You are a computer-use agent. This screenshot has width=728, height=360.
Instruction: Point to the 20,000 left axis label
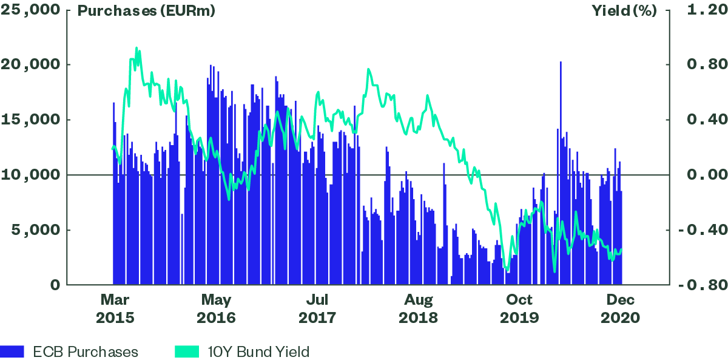[31, 65]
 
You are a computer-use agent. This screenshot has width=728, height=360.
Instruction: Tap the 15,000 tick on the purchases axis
[31, 120]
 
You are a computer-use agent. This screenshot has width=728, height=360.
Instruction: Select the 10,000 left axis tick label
[31, 175]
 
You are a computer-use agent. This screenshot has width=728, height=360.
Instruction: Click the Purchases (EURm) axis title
[146, 12]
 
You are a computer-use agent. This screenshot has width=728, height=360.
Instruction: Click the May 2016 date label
[216, 308]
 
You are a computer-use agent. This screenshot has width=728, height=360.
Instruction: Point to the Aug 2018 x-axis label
[418, 308]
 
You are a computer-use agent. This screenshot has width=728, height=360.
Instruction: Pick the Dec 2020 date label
[620, 308]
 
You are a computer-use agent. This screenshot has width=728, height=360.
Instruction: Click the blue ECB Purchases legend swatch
[12, 352]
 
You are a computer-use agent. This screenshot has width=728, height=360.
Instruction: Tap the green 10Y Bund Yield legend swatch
[187, 352]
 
